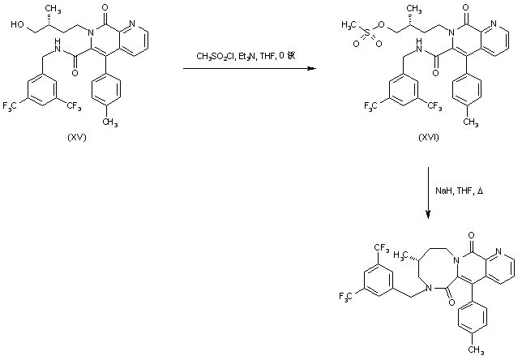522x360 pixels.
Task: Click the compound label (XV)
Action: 77,138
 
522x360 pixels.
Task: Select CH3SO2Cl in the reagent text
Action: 214,56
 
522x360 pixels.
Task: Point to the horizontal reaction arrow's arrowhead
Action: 311,69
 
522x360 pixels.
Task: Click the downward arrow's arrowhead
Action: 428,216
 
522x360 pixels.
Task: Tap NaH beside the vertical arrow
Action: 443,191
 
